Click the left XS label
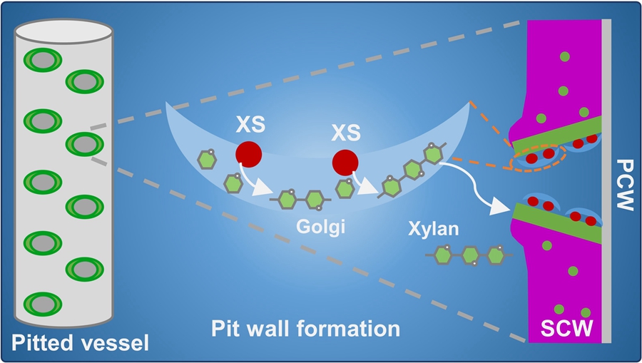click(251, 126)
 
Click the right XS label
click(346, 133)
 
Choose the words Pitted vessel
click(80, 343)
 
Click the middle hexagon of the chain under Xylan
click(470, 255)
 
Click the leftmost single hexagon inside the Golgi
click(207, 160)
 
